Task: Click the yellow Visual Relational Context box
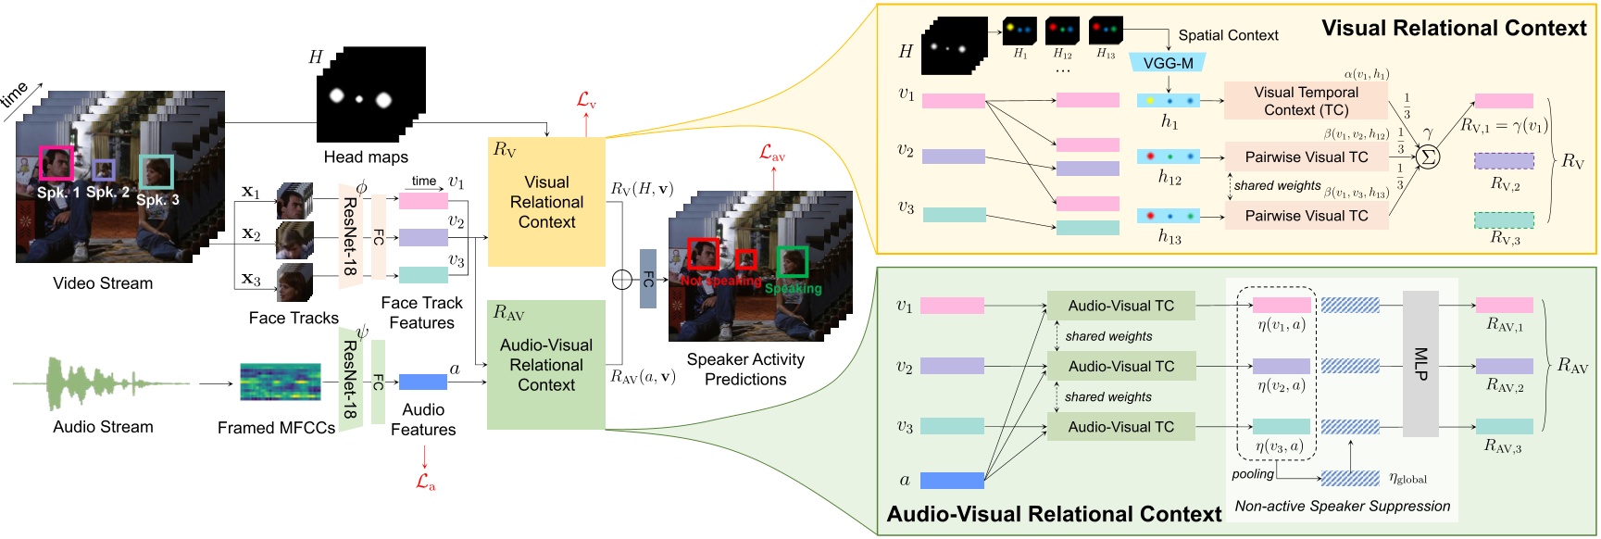(546, 202)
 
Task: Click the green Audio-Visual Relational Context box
(546, 365)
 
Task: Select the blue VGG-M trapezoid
(1168, 63)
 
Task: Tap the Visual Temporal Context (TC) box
(1306, 101)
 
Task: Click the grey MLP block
(1420, 364)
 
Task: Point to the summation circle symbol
(1429, 157)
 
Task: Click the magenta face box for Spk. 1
(56, 163)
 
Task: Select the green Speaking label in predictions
(793, 289)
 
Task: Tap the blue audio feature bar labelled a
(422, 382)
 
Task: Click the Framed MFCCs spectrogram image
(280, 382)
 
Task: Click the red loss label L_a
(425, 482)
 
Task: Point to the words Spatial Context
(1228, 35)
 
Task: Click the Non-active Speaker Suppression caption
(1342, 506)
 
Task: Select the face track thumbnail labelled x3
(294, 282)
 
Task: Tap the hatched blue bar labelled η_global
(1350, 478)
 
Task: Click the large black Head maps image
(370, 95)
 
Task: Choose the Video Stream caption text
(103, 283)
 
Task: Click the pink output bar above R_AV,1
(1504, 305)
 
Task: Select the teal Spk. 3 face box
(156, 172)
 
